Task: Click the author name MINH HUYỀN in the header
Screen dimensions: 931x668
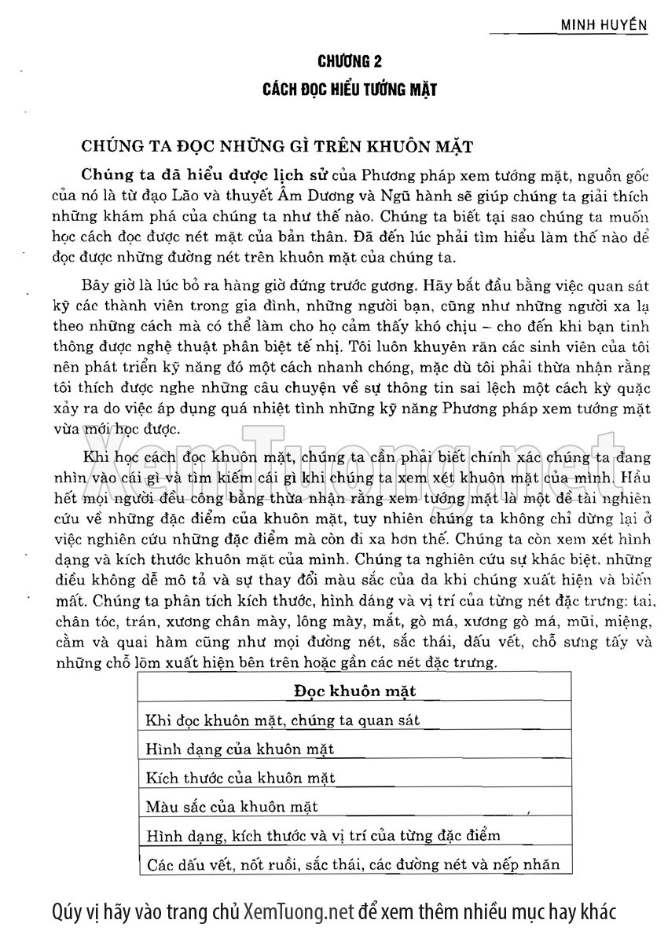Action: [603, 24]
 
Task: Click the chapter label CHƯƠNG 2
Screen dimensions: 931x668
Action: [350, 60]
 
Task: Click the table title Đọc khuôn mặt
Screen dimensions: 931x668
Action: [355, 691]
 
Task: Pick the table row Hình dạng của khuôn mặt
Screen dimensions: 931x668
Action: [240, 749]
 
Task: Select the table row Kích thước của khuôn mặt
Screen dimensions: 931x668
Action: [240, 778]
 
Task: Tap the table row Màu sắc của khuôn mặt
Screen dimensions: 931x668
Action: [232, 806]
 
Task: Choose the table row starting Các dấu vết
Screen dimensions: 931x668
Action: [354, 864]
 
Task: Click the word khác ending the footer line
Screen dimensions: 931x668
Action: [596, 912]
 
